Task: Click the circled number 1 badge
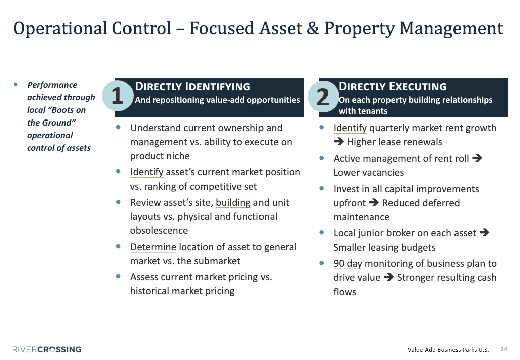[x=117, y=96]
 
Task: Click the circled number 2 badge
[x=323, y=96]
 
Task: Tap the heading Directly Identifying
[x=192, y=86]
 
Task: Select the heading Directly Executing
[x=393, y=86]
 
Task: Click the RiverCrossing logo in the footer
[x=47, y=349]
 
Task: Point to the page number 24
[x=504, y=349]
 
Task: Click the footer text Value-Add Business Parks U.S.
[x=448, y=350]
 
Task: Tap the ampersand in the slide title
[x=313, y=28]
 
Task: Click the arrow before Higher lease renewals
[x=339, y=142]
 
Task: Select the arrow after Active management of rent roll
[x=477, y=158]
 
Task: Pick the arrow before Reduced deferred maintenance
[x=374, y=202]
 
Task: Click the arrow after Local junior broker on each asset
[x=484, y=232]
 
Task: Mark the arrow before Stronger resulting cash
[x=388, y=277]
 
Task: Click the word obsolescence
[x=159, y=230]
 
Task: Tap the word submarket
[x=209, y=261]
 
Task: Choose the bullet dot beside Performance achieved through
[x=16, y=84]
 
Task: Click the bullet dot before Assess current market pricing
[x=118, y=276]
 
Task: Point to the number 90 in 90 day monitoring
[x=339, y=263]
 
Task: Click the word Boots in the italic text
[x=64, y=110]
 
